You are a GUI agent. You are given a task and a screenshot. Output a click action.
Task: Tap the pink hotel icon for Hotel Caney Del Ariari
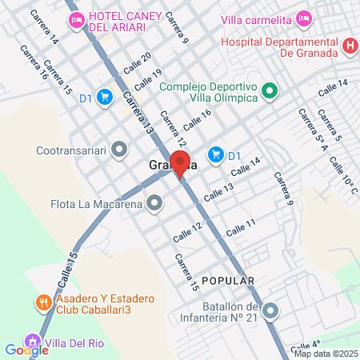78,20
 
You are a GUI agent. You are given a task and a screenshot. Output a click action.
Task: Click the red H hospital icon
349,46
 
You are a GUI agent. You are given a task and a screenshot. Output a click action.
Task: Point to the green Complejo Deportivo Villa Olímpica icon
270,91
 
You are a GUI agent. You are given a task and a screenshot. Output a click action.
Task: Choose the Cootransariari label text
71,149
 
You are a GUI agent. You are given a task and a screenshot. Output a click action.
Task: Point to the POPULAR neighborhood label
228,281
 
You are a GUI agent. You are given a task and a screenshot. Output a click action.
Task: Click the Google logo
26,350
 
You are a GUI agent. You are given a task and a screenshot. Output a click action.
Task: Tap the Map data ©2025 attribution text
326,353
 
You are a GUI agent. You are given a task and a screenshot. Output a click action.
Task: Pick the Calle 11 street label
240,226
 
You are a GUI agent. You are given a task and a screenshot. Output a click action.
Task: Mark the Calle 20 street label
142,61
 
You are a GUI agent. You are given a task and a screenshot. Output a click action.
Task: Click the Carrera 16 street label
34,62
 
